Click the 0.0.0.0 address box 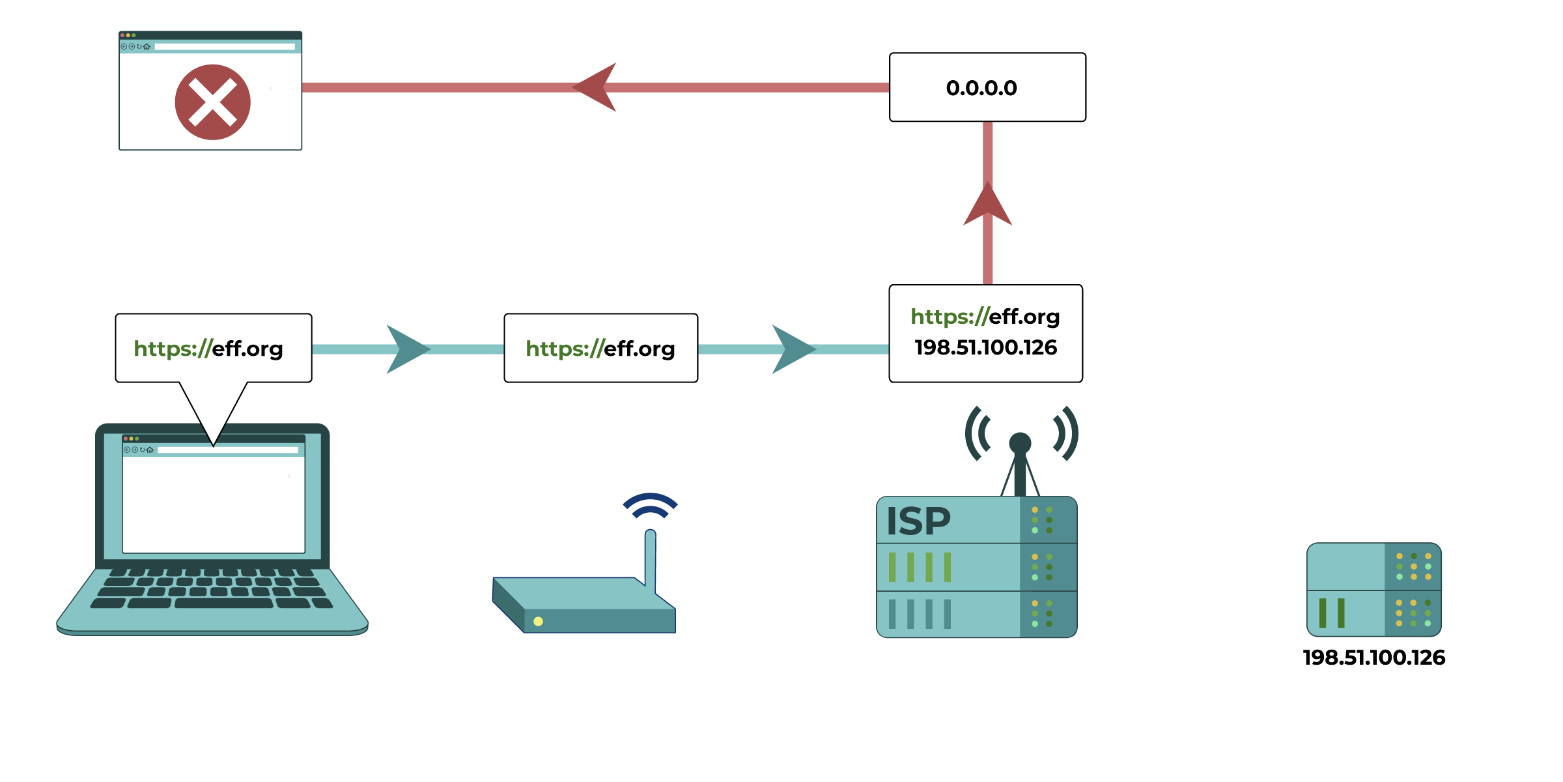tap(987, 87)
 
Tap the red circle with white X tap(212, 102)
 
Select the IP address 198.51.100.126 tap(985, 347)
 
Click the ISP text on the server tap(918, 521)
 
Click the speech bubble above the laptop tap(213, 348)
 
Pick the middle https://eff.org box tap(600, 348)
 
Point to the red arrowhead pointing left tap(596, 87)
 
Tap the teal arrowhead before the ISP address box tap(792, 349)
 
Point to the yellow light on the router tap(538, 621)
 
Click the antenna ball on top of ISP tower tap(1020, 443)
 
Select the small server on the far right tap(1374, 590)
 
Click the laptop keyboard tap(212, 588)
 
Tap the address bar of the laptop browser tap(227, 450)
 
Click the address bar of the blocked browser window tap(224, 47)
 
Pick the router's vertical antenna tap(650, 558)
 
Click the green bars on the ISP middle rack tap(920, 567)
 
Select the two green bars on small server tap(1332, 613)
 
